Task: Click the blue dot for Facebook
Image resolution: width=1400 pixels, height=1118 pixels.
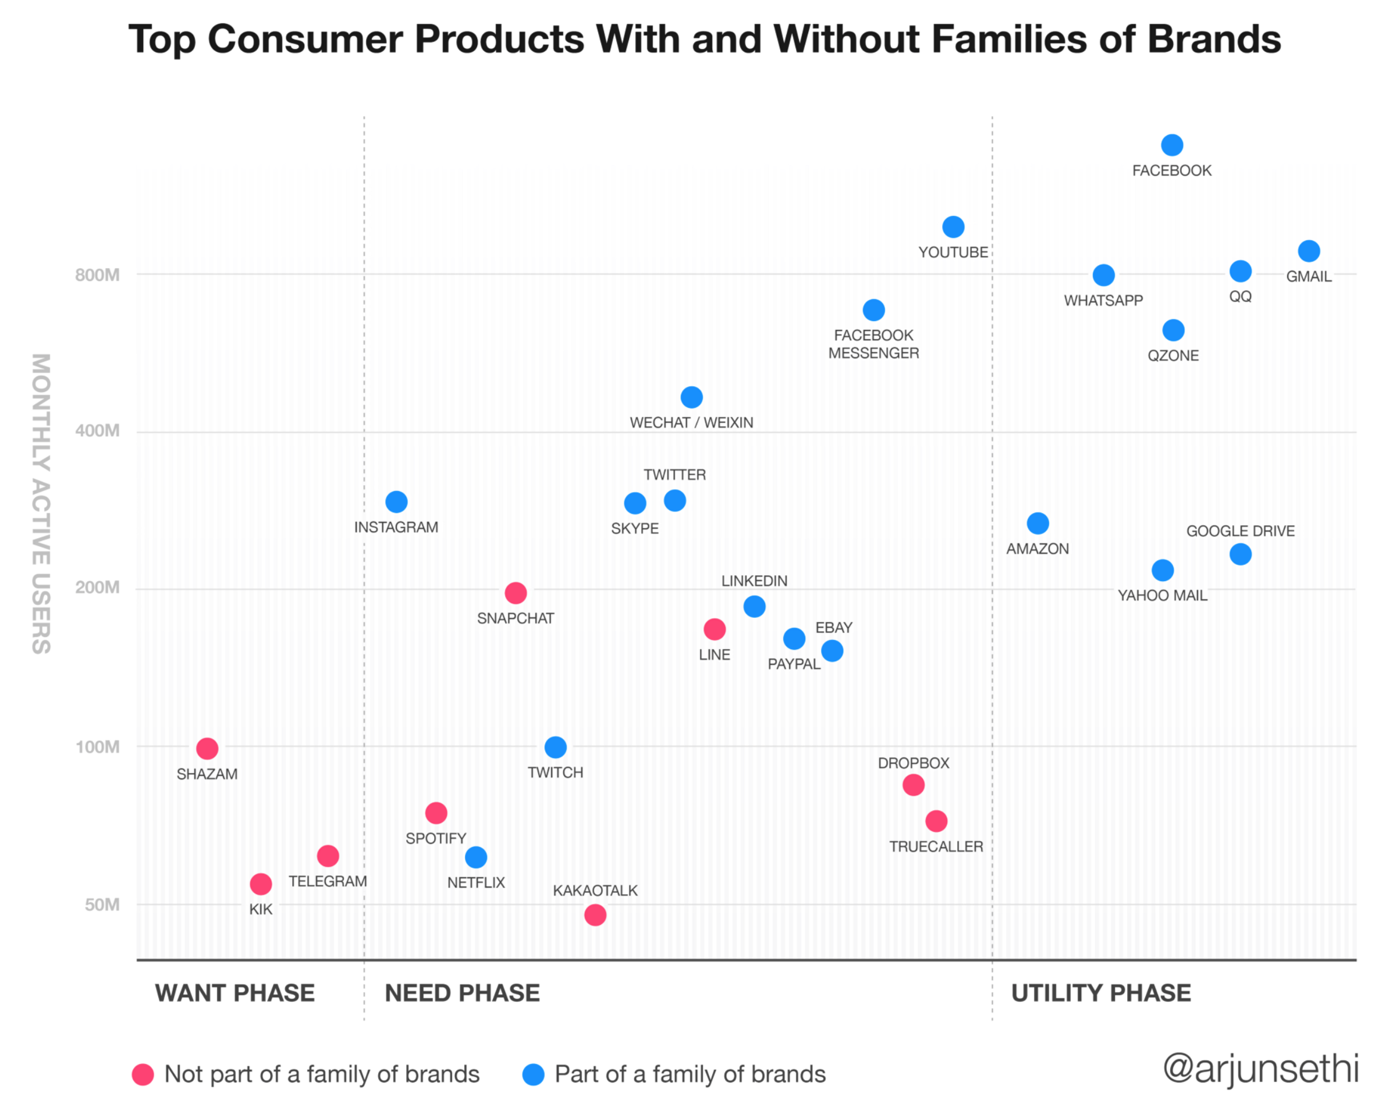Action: (x=1172, y=145)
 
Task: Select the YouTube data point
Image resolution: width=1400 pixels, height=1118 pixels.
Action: (x=953, y=227)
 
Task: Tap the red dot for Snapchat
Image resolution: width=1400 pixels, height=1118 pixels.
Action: (x=516, y=593)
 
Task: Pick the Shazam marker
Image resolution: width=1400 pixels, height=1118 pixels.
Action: (x=207, y=749)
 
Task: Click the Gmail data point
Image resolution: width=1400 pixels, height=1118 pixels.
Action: (x=1309, y=251)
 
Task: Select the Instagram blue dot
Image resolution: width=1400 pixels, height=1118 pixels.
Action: (x=396, y=502)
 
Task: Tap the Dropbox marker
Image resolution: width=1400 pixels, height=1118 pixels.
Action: (x=914, y=786)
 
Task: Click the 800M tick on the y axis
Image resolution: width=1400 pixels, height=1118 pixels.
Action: (x=97, y=275)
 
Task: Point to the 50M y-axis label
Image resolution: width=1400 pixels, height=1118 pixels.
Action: (x=102, y=905)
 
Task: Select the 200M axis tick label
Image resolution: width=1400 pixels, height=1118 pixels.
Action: (x=97, y=588)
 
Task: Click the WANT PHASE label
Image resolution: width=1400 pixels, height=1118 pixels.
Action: (x=234, y=994)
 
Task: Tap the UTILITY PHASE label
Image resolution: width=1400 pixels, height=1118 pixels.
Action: (x=1101, y=994)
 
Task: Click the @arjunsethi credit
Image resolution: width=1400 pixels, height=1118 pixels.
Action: (x=1260, y=1069)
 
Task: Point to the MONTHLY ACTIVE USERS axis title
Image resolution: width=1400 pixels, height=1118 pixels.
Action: (x=41, y=504)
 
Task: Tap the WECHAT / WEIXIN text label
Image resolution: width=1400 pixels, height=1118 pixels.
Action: (x=691, y=423)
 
